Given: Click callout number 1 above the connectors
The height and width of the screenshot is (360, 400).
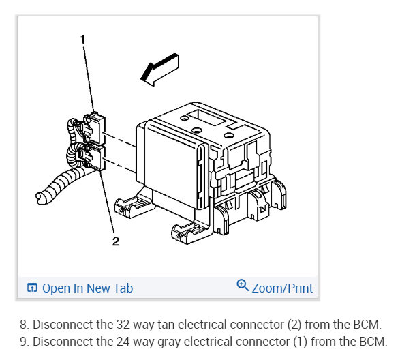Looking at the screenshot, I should pyautogui.click(x=83, y=40).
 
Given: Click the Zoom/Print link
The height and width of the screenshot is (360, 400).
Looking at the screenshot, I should pyautogui.click(x=282, y=288).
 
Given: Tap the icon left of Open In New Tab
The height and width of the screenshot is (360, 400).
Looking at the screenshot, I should pyautogui.click(x=31, y=288).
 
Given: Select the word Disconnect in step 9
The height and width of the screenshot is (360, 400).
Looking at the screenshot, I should pyautogui.click(x=63, y=341).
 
